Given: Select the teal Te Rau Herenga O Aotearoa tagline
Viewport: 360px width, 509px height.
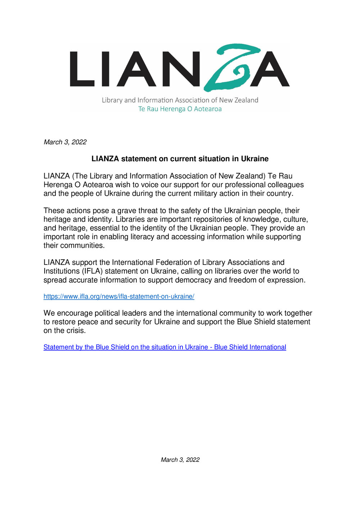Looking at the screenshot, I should [x=180, y=109].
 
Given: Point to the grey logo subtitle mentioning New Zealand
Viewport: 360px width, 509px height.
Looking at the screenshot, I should [x=180, y=100].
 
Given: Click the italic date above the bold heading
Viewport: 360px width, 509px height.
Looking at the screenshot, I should [x=65, y=142].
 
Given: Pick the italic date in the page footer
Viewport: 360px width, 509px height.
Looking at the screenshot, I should [x=180, y=460].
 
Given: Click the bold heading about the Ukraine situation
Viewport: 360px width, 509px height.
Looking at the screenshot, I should [x=180, y=159].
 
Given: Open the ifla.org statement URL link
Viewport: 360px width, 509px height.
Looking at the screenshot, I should [x=119, y=297].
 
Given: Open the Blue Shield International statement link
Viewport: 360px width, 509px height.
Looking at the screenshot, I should [x=165, y=347].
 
